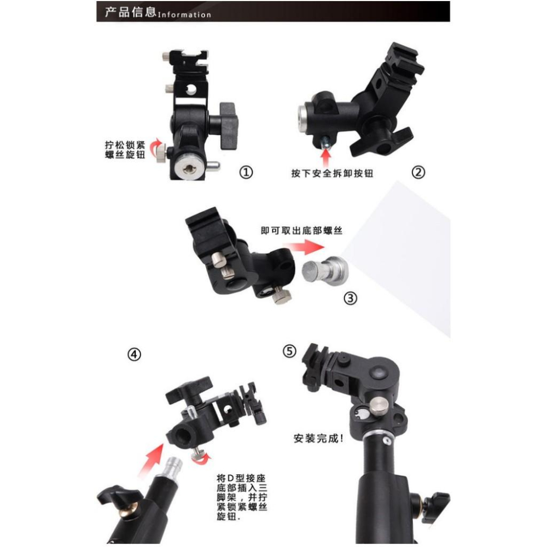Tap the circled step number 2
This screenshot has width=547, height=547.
418,173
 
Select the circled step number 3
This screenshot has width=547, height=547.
350,298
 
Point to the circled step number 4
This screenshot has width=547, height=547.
134,354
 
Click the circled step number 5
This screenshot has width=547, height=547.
290,351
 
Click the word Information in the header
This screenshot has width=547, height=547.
184,15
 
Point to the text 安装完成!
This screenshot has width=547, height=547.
318,438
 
